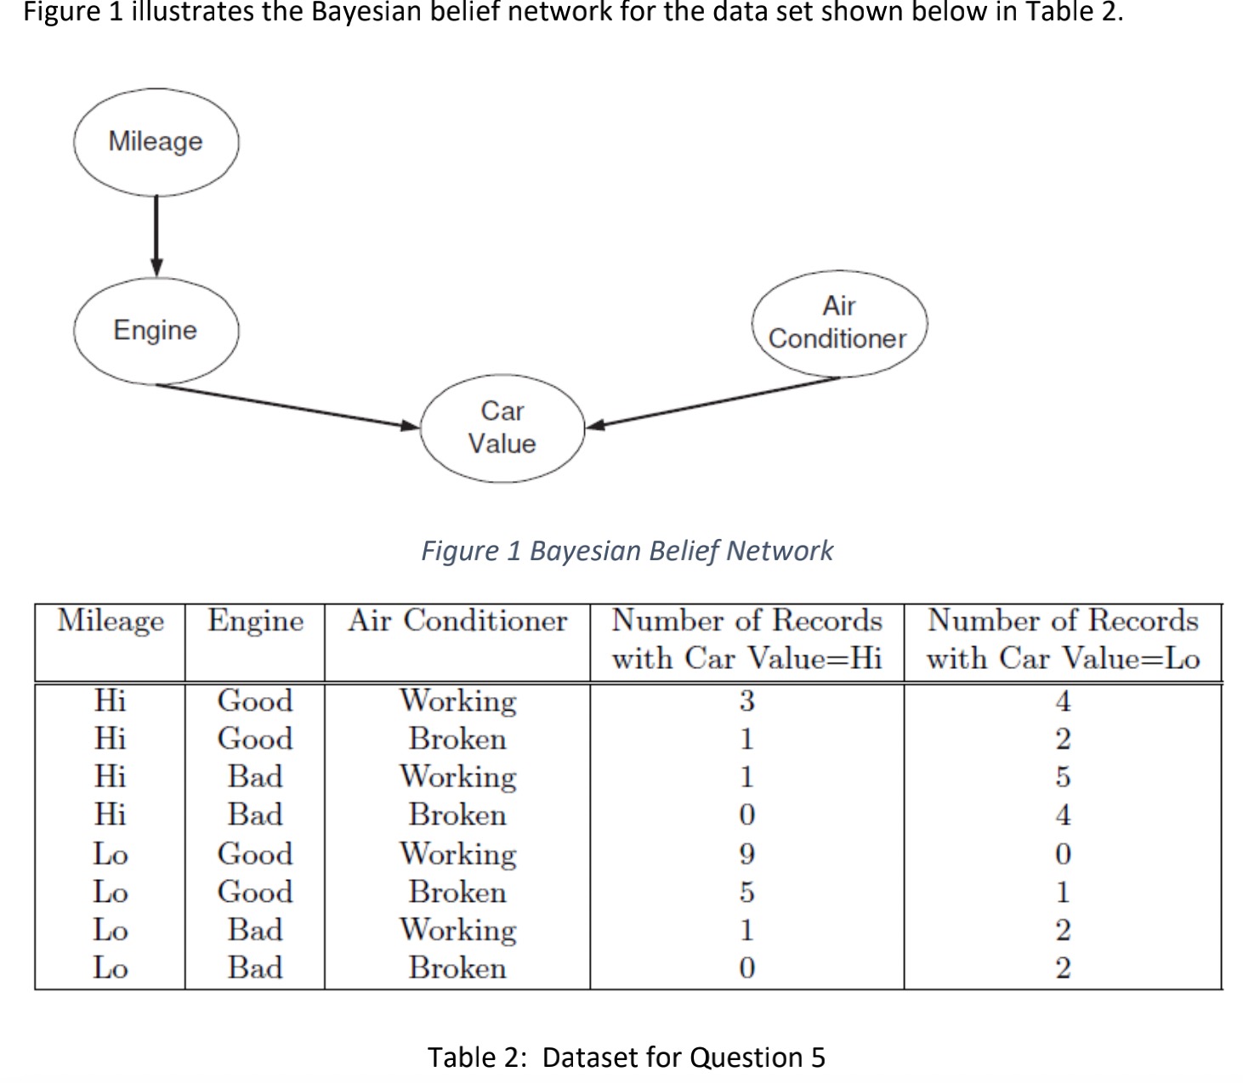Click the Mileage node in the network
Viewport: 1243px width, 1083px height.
(156, 141)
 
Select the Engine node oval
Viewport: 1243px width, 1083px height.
(156, 330)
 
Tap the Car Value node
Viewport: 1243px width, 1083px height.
(502, 428)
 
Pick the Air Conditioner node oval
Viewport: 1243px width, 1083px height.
(838, 323)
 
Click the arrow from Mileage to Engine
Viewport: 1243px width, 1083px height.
(156, 234)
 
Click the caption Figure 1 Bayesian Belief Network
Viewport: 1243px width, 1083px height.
(627, 551)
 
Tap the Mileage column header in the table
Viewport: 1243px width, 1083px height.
(111, 621)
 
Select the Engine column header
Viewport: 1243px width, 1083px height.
(255, 621)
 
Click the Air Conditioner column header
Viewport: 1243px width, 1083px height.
(457, 621)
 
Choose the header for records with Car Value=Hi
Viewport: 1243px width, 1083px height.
(746, 639)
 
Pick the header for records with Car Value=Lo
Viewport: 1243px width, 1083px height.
(1063, 639)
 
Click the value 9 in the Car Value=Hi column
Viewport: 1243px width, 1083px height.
(746, 853)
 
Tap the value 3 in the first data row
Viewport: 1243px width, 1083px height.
(746, 701)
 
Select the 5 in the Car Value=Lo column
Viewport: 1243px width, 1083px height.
(1063, 777)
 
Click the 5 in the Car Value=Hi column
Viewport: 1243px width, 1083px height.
(746, 892)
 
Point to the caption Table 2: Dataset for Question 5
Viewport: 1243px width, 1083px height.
(626, 1057)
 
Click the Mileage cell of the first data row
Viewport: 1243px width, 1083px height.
(111, 701)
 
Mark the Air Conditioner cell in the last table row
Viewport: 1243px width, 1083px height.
(457, 967)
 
